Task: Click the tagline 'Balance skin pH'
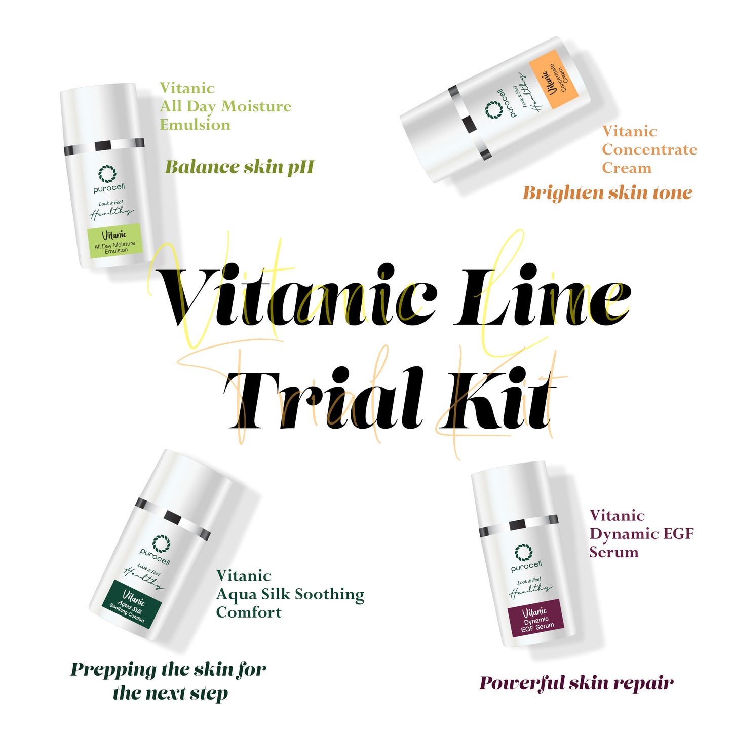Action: (240, 167)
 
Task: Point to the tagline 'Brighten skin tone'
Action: (607, 193)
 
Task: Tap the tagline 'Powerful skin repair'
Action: (576, 683)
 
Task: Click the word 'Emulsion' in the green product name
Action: (195, 125)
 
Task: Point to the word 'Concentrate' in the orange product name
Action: (649, 149)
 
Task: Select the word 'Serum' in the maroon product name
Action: (614, 552)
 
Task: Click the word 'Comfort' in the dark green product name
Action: (249, 612)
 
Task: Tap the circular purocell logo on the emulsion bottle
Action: (107, 174)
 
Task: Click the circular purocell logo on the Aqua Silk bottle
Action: (161, 543)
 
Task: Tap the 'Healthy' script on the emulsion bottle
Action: (111, 213)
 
